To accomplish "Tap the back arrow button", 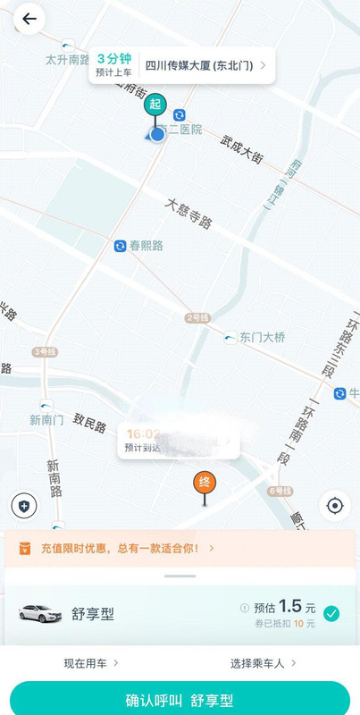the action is [x=29, y=19].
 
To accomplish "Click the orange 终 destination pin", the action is [x=205, y=484].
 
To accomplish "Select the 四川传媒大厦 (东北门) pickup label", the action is [x=205, y=65].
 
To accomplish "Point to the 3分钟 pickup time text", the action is [x=113, y=59].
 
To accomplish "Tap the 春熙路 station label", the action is [x=146, y=245].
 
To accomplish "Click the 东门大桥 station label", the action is [x=262, y=337].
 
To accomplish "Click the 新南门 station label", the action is [x=46, y=419].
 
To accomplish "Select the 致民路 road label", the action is [x=90, y=416].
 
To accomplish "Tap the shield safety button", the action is [x=24, y=505].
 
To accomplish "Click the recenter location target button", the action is [x=335, y=506].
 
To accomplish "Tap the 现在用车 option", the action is [x=90, y=663].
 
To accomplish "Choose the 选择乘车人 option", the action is [x=263, y=663].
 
